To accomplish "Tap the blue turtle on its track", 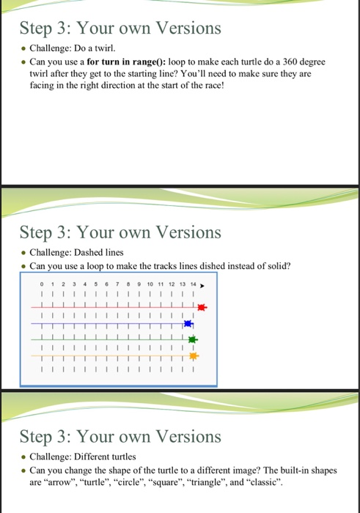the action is pos(188,324).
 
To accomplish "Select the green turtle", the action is pos(194,340).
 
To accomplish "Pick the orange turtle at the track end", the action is pos(194,356).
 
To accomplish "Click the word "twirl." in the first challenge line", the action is pos(117,47).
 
